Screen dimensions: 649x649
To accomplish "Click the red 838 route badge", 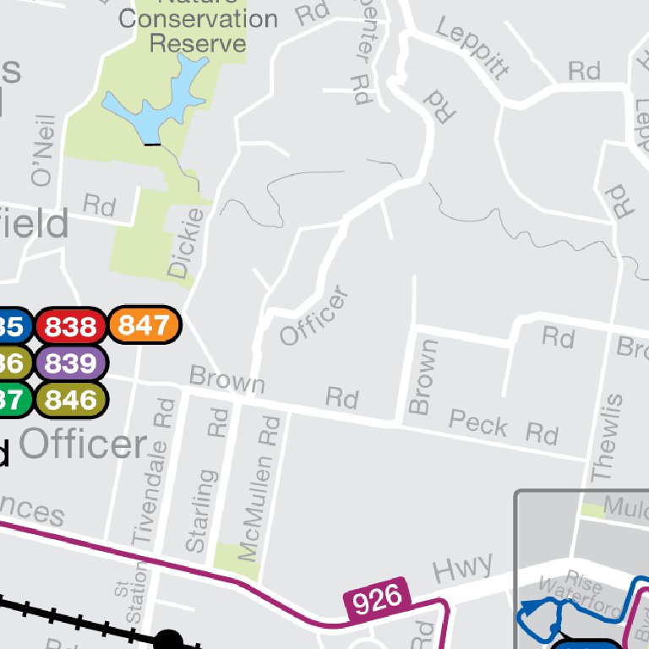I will coord(71,326).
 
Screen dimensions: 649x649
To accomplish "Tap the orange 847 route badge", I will coord(145,324).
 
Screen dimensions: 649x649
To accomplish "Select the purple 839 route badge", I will coord(71,363).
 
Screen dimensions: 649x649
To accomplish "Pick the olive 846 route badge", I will coord(71,400).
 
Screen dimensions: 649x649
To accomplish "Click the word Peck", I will coord(478,423).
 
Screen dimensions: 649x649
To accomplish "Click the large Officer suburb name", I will coord(83,444).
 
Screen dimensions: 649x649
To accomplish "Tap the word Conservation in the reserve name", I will coord(198,19).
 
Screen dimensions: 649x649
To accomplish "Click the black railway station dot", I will coord(168,641).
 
